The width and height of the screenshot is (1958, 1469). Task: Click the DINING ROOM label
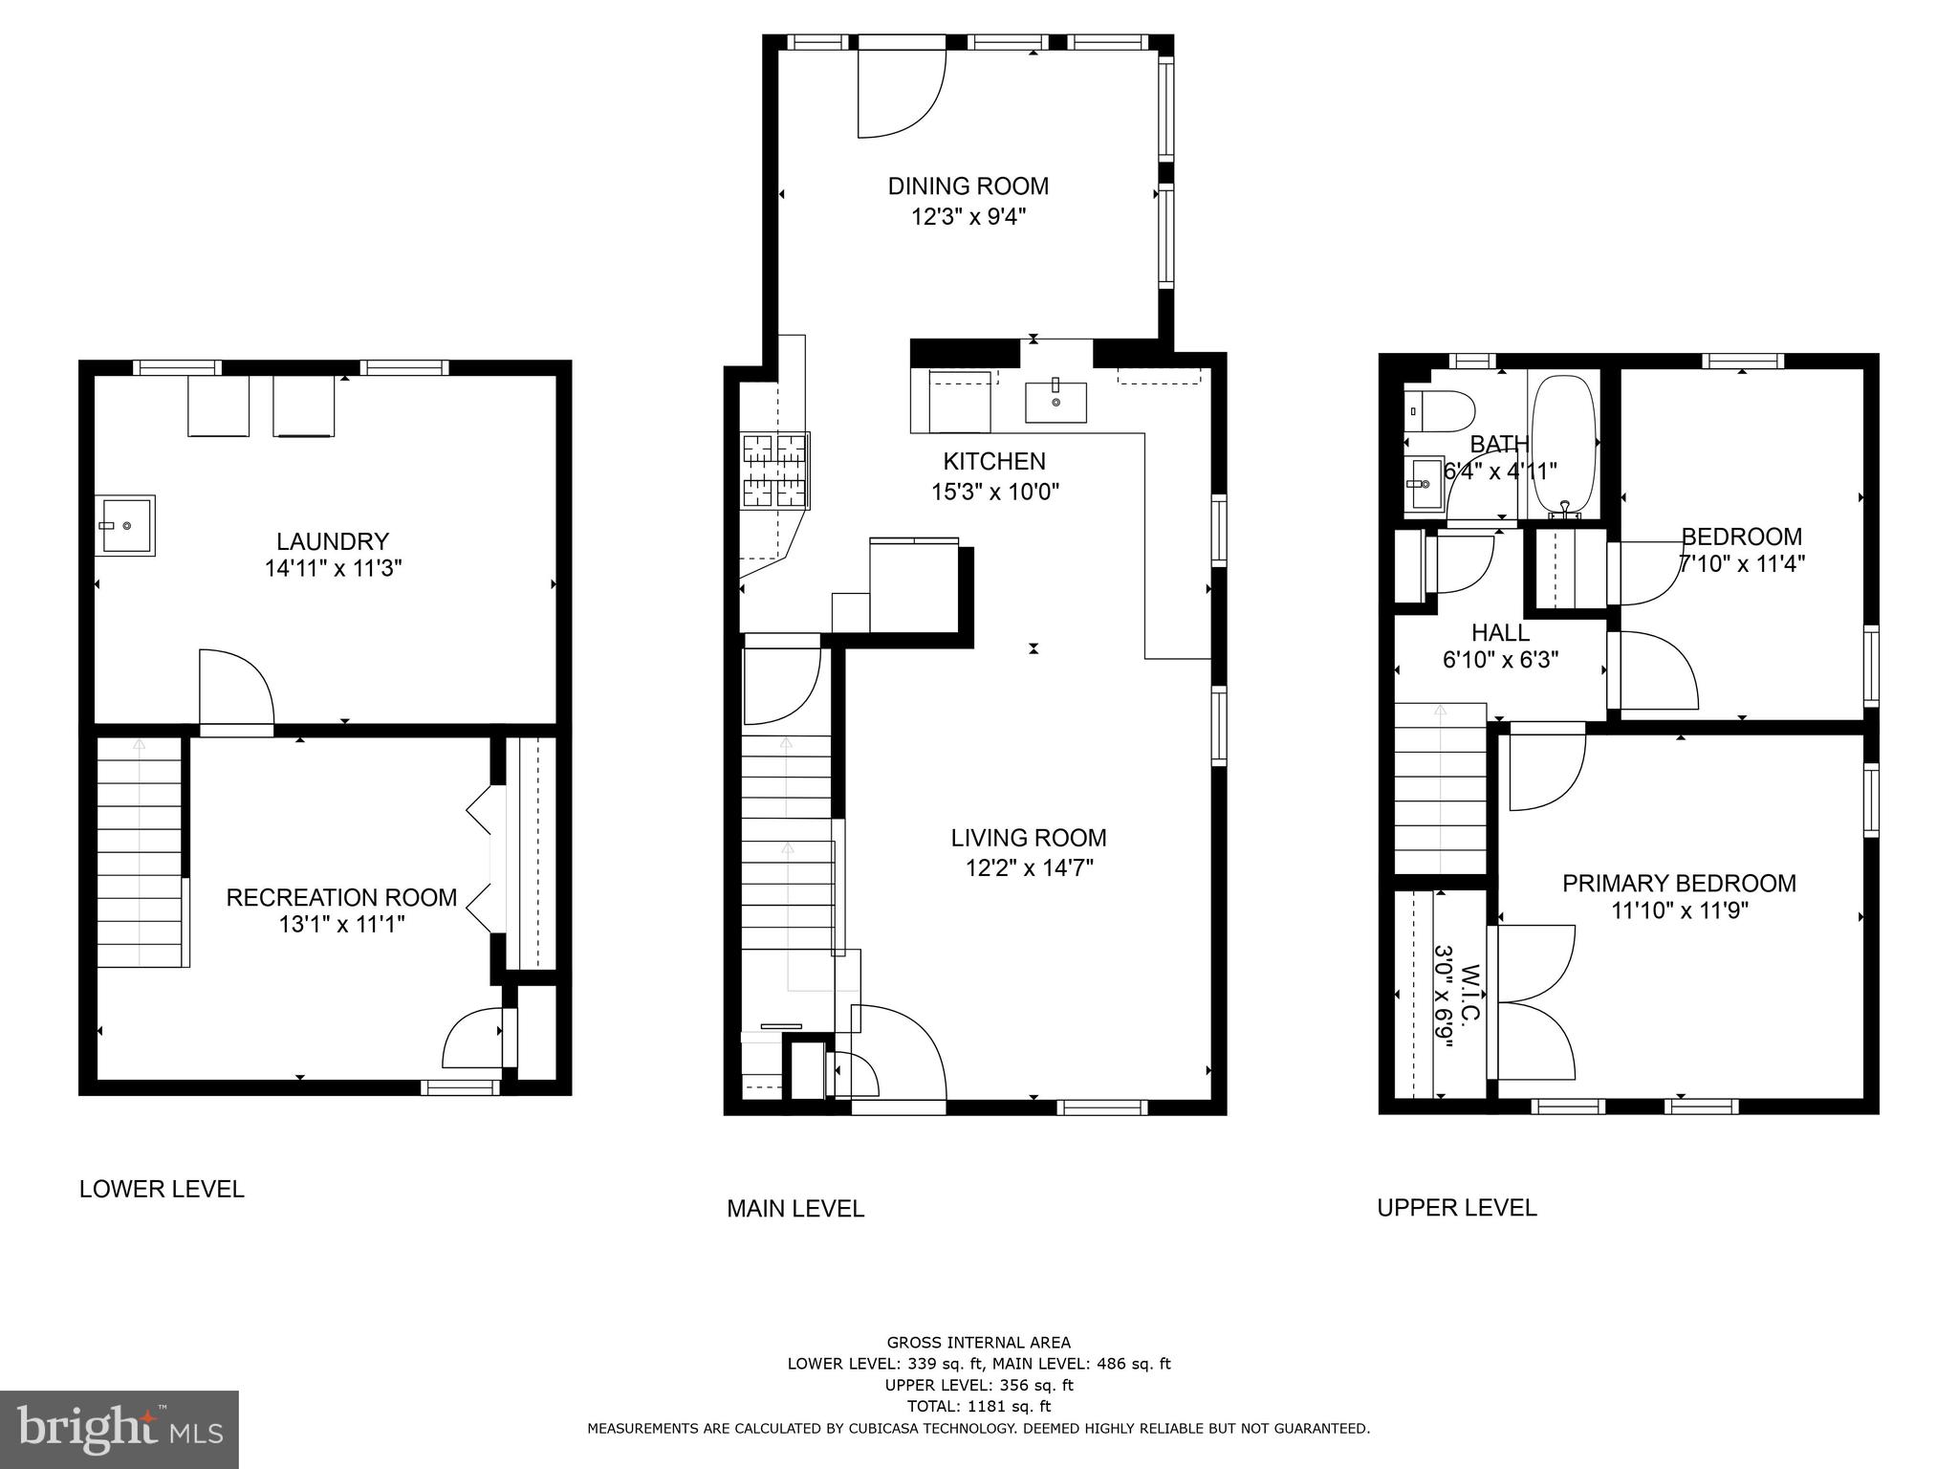point(968,186)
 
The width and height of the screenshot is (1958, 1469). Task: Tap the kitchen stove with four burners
point(775,471)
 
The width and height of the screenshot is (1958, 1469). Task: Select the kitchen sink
point(1055,403)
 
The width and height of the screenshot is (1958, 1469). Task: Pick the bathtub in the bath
point(1563,446)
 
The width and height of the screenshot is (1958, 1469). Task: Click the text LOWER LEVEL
point(162,1189)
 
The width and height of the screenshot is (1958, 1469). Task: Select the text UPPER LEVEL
point(1456,1208)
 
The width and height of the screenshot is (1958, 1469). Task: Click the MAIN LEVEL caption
point(794,1209)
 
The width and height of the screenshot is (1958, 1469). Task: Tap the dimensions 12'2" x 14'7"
point(1029,868)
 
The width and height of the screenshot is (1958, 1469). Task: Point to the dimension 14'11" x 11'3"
point(333,568)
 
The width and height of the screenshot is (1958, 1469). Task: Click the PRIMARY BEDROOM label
point(1679,883)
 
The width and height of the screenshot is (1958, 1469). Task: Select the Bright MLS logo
point(119,1429)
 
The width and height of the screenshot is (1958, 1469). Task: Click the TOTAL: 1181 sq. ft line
point(978,1406)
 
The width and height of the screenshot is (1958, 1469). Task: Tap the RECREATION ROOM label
point(341,897)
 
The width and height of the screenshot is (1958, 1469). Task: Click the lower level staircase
point(140,851)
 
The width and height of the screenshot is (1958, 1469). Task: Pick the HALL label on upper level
point(1500,632)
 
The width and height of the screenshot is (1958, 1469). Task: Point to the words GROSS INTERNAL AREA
point(978,1343)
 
